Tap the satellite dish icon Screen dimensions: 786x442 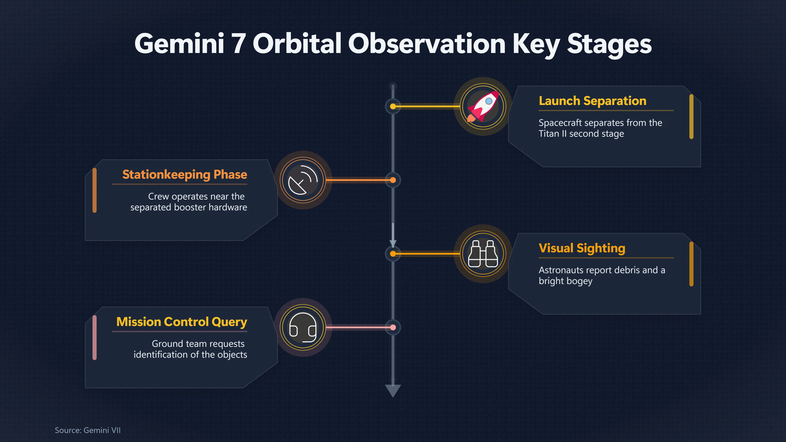(303, 180)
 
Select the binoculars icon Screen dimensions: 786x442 (483, 254)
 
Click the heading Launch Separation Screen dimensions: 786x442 (593, 101)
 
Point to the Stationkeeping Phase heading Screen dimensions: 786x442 (185, 175)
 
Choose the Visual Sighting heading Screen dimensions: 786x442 (582, 248)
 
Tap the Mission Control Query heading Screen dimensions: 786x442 (182, 322)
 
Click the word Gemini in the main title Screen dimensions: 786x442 (180, 44)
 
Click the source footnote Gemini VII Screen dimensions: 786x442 (102, 430)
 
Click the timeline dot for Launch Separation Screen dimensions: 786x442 (393, 106)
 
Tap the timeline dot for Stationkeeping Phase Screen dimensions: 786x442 (393, 180)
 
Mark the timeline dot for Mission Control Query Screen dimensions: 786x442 (393, 327)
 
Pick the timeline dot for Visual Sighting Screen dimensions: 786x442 (393, 254)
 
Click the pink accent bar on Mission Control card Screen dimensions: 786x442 (95, 338)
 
